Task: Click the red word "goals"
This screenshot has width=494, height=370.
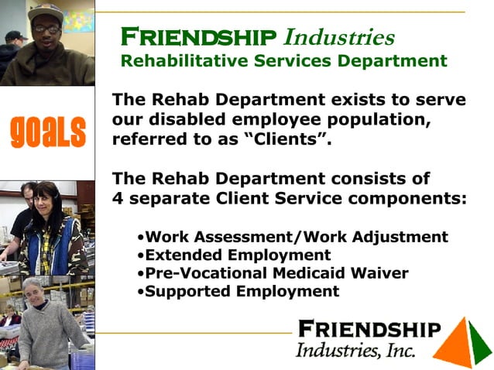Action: pyautogui.click(x=47, y=132)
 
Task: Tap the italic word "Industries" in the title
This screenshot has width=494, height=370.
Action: pyautogui.click(x=339, y=36)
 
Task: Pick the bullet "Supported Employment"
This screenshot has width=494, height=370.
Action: pyautogui.click(x=242, y=291)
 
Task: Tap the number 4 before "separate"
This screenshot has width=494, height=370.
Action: pyautogui.click(x=118, y=198)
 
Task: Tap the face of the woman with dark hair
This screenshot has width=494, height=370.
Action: pyautogui.click(x=45, y=201)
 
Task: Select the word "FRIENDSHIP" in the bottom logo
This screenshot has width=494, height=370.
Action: pyautogui.click(x=369, y=329)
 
